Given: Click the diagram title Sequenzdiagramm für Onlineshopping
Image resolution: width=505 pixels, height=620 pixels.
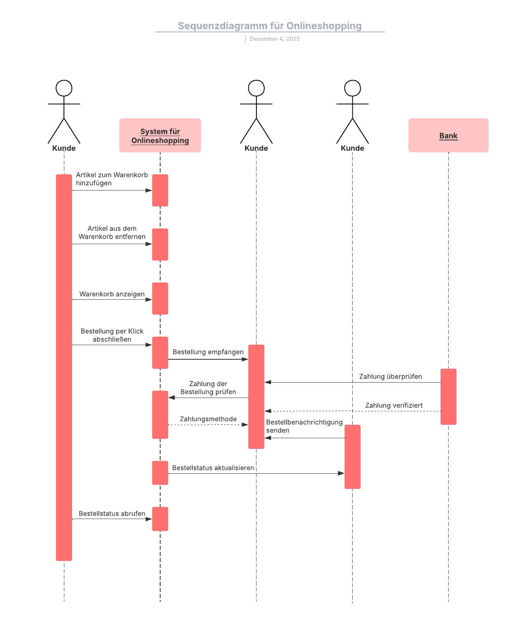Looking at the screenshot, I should [269, 26].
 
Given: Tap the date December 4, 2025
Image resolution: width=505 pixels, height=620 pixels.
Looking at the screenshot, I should [275, 39].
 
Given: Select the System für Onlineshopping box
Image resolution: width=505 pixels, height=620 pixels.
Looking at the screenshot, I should [160, 136].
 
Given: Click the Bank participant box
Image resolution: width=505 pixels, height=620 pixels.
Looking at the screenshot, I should [448, 136].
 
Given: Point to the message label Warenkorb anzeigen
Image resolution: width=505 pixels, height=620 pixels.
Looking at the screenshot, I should [112, 294].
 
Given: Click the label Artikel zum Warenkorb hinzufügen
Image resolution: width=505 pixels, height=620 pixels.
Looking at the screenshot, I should [112, 179].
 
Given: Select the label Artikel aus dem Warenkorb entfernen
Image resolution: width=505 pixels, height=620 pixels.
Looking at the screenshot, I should [112, 233].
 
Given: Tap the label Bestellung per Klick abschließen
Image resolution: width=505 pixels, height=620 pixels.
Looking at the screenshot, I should [112, 335].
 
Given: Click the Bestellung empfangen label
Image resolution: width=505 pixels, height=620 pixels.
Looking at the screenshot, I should [208, 352].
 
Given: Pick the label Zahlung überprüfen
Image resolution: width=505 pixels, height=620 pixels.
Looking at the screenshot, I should [391, 376].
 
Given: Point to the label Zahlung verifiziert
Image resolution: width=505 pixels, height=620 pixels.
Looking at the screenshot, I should [394, 405].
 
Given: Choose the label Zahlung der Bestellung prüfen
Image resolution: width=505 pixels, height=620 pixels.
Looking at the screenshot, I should [208, 388].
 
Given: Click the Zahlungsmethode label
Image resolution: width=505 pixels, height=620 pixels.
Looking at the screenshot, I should [208, 419].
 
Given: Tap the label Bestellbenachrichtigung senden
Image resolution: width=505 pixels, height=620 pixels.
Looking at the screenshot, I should [304, 426].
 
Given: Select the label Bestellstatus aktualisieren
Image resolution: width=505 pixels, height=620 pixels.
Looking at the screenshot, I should [213, 468].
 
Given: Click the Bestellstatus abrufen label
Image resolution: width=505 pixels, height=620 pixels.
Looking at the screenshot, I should [112, 514].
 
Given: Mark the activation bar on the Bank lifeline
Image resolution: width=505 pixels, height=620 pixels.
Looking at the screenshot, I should [448, 396].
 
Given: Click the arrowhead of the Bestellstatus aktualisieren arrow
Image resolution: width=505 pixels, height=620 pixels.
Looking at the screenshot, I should [341, 473].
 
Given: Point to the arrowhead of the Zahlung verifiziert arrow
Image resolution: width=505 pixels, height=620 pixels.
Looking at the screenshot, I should [268, 411].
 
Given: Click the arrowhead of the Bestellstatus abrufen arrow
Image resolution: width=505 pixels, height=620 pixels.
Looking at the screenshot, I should [149, 519].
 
